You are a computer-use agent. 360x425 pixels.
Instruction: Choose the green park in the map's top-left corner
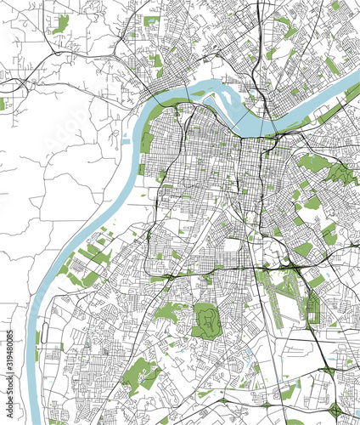[x=59, y=24]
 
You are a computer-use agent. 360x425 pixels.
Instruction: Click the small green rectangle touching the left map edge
[x=3, y=104]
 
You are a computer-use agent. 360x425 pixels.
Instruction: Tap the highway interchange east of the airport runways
[x=298, y=272]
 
